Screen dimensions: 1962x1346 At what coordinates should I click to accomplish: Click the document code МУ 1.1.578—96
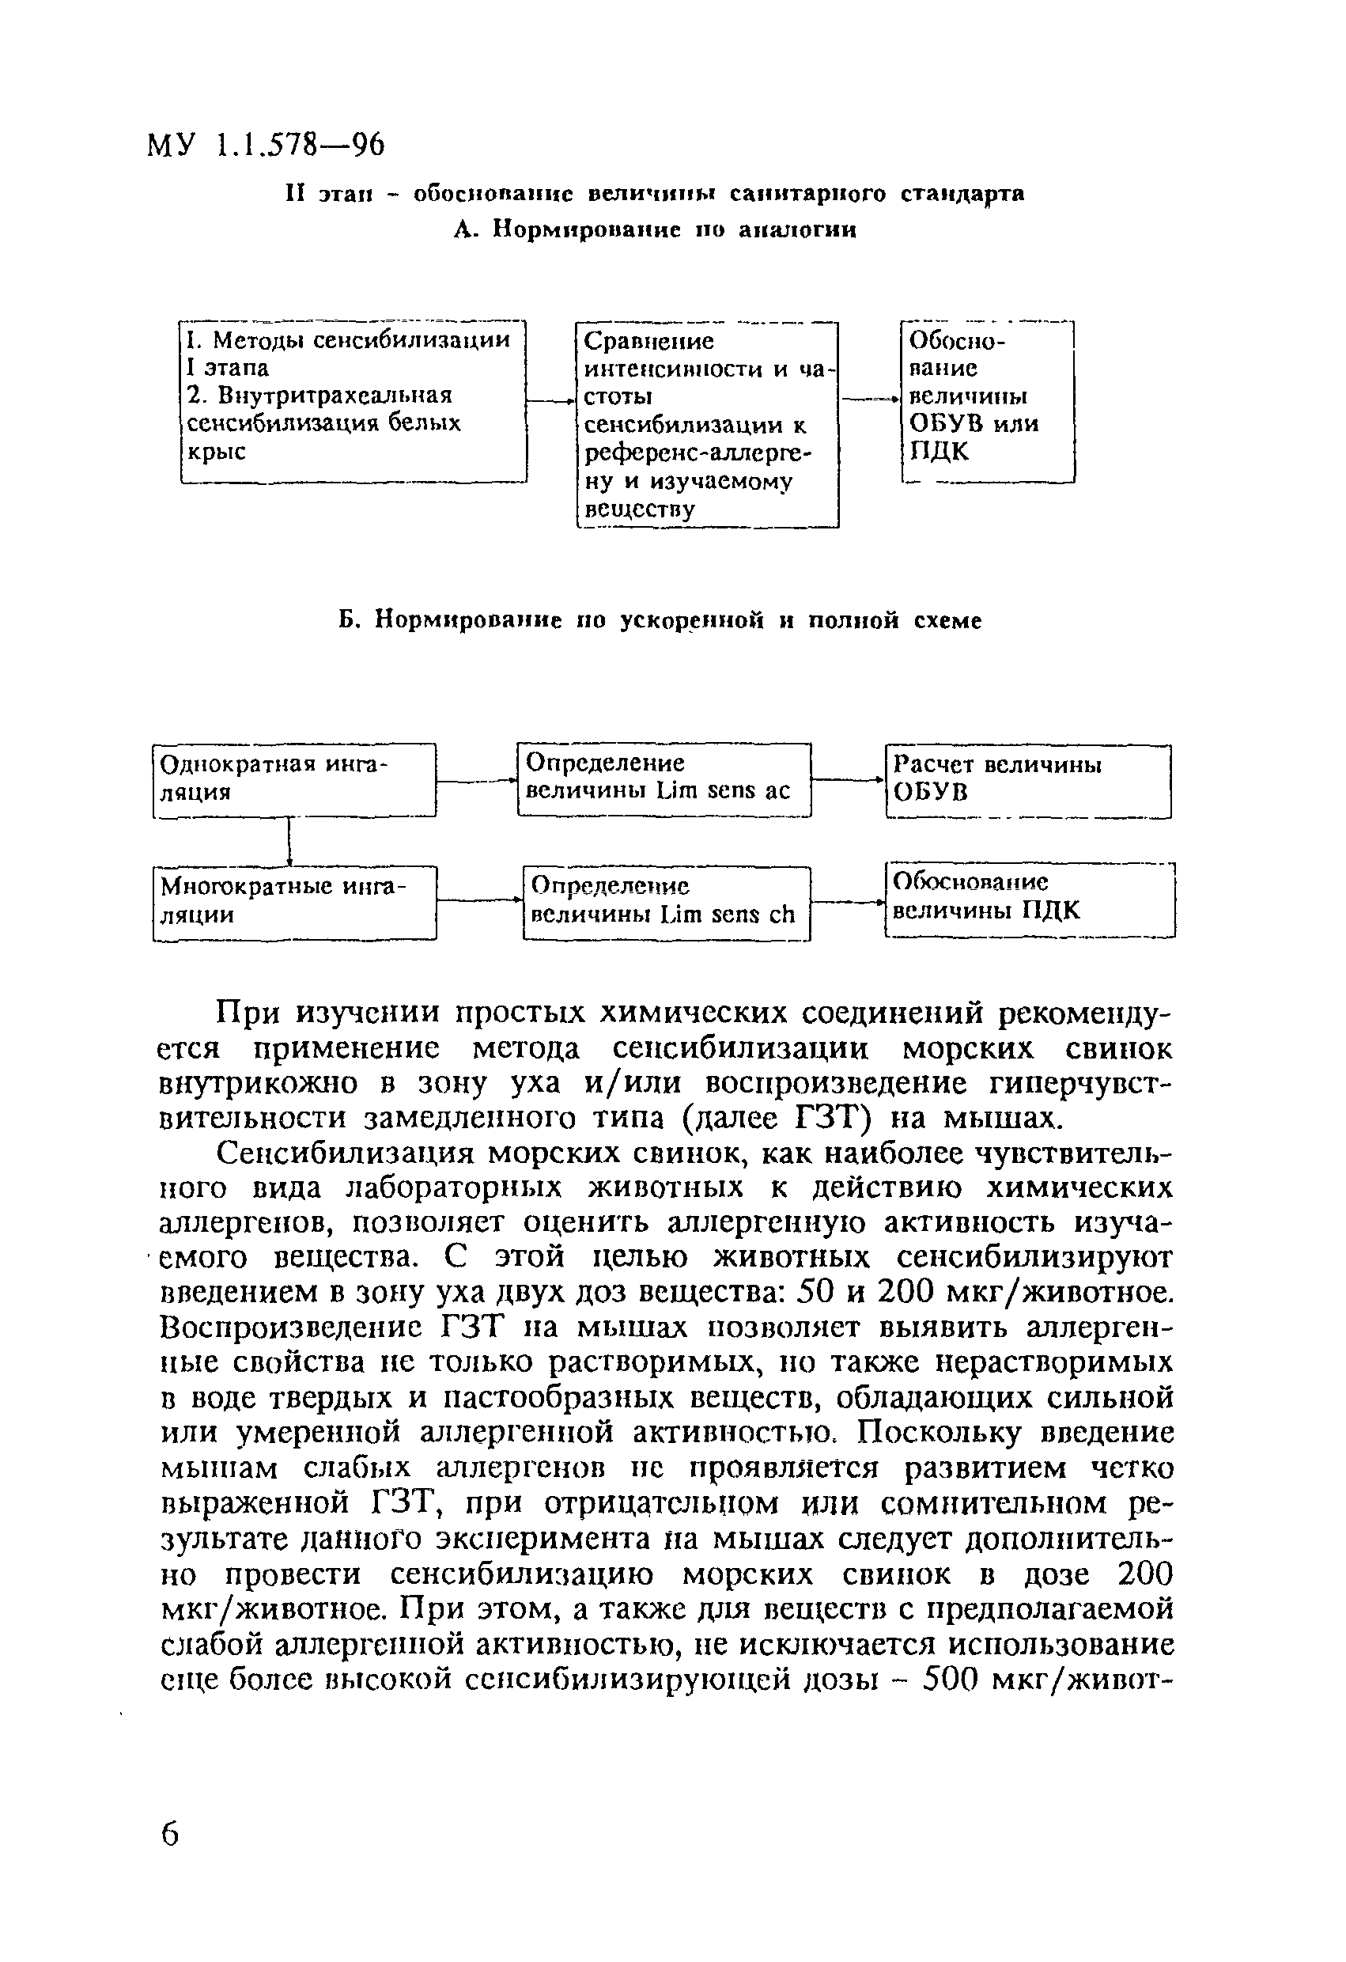(x=266, y=146)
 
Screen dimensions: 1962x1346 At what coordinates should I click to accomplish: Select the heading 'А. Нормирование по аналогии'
(x=655, y=229)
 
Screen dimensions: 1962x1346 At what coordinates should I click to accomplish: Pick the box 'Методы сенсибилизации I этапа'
(x=353, y=401)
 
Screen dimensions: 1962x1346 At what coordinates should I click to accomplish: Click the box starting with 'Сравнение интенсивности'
(x=707, y=425)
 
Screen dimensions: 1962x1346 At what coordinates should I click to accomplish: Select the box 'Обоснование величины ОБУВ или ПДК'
(x=987, y=401)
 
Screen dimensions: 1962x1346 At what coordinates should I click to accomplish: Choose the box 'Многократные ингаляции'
(x=293, y=903)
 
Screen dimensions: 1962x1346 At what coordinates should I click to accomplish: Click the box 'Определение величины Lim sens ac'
(x=664, y=778)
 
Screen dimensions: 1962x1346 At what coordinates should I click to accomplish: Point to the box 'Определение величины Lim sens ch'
(x=666, y=903)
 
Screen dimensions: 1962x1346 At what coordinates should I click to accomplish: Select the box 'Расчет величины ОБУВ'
(x=1028, y=780)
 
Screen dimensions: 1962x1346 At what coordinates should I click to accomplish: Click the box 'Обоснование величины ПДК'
(x=1030, y=899)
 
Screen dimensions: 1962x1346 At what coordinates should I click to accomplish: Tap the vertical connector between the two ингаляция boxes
(x=289, y=841)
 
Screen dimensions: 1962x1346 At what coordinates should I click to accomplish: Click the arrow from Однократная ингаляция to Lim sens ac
(x=476, y=782)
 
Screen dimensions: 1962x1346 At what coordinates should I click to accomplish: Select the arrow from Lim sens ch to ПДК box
(x=847, y=903)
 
